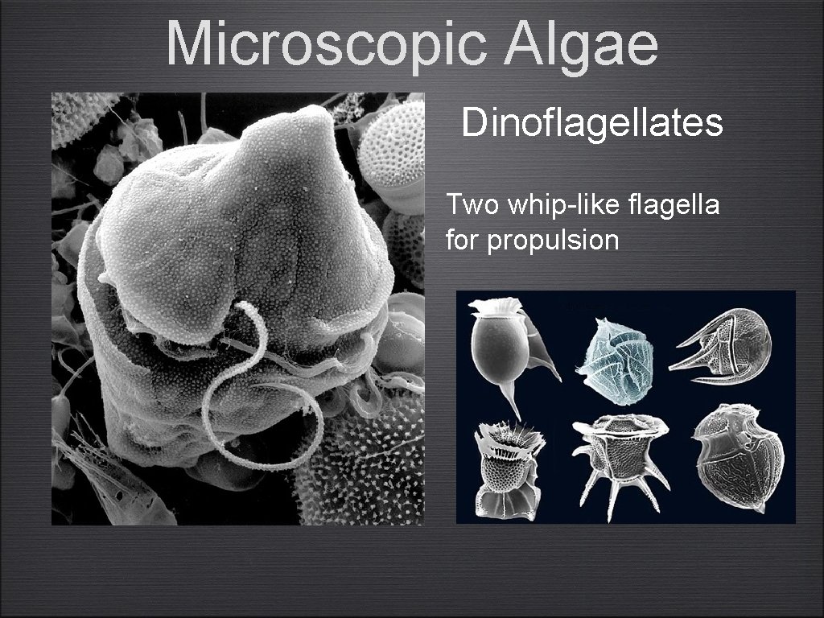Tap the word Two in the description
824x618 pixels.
[x=472, y=205]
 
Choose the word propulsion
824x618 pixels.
[x=553, y=240]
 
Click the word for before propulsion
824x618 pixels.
[x=463, y=240]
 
